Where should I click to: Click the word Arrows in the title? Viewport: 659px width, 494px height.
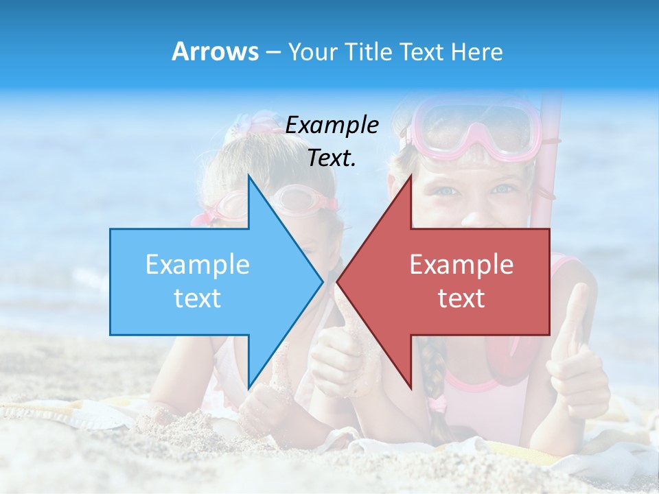[x=215, y=51]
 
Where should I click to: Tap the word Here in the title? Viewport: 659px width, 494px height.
[x=476, y=52]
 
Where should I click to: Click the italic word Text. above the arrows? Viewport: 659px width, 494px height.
[x=332, y=158]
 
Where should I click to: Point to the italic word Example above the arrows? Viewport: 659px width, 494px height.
[x=332, y=126]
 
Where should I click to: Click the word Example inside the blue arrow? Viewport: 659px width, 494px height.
[x=198, y=265]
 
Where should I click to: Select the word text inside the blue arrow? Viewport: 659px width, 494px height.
[x=198, y=298]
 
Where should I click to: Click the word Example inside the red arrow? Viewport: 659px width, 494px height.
[x=461, y=265]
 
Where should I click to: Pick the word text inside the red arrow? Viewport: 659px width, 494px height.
[x=461, y=298]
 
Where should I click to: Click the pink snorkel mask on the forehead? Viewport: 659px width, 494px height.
[x=474, y=127]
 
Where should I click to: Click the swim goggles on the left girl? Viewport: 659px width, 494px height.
[x=302, y=200]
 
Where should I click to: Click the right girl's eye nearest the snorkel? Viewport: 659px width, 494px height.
[x=507, y=188]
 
